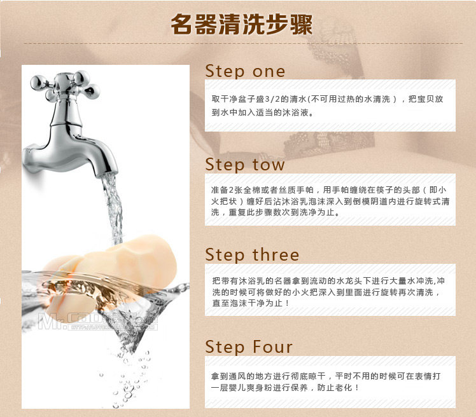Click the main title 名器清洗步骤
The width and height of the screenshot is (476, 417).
click(242, 24)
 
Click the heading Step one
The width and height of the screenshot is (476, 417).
click(245, 71)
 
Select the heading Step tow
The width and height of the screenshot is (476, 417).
click(244, 165)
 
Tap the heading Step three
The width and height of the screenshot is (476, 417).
click(252, 254)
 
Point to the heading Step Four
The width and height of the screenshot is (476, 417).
click(249, 346)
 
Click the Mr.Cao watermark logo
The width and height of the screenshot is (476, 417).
click(98, 321)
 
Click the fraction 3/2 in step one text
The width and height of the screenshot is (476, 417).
click(272, 99)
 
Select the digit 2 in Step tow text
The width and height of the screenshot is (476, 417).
click(232, 190)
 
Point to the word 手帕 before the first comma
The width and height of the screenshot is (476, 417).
click(305, 190)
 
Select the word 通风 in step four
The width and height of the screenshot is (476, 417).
click(237, 376)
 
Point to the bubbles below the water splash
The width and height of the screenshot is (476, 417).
click(130, 379)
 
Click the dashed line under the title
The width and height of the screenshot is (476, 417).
click(243, 43)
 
